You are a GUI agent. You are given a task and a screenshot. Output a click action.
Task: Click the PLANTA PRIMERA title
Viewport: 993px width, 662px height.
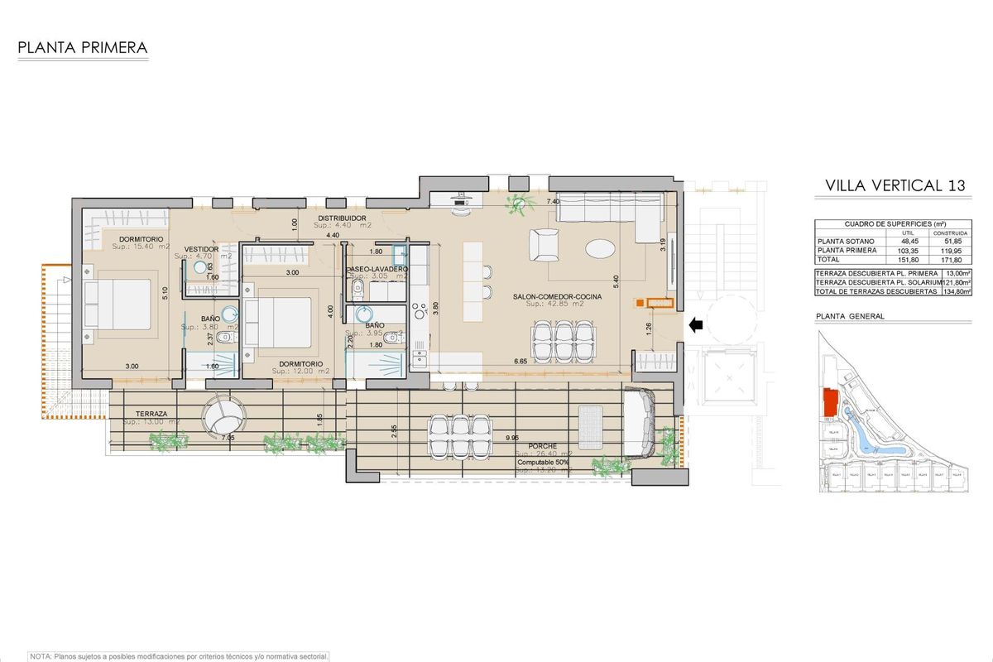[x=83, y=48]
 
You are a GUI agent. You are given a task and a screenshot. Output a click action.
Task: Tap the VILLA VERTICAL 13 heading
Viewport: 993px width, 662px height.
[x=895, y=186]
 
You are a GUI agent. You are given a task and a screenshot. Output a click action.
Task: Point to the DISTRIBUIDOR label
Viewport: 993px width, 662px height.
[x=344, y=218]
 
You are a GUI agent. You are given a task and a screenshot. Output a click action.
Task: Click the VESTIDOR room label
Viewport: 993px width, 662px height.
[x=201, y=248]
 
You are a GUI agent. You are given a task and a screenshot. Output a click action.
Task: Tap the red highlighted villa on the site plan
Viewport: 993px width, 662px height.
[x=829, y=403]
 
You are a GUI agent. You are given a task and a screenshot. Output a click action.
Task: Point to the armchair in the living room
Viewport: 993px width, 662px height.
[x=545, y=244]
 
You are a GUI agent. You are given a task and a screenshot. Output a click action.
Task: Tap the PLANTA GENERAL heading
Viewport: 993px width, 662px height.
[x=849, y=316]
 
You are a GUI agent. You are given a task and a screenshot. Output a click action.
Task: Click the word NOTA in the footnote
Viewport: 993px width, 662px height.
[x=41, y=655]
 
